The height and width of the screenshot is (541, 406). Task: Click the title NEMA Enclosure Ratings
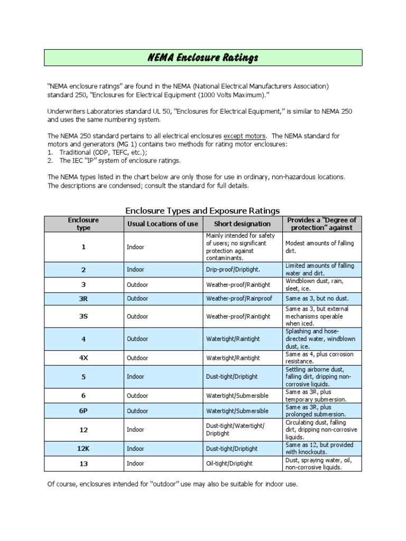coord(202,58)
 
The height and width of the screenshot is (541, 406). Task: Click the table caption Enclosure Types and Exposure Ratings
coord(202,210)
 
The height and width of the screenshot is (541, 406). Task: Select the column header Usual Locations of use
coord(163,224)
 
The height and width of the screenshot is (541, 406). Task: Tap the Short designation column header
coord(242,224)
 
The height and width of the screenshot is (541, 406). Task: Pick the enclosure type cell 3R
coord(84,299)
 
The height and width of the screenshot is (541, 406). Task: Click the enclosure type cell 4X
coord(84,358)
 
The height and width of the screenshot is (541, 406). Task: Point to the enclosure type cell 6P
coord(84,411)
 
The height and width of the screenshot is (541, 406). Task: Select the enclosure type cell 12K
coord(84,449)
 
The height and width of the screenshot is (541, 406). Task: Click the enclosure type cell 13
coord(84,463)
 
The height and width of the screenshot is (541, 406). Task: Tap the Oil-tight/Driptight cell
coord(229,463)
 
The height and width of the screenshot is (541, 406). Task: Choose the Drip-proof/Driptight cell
coord(233,269)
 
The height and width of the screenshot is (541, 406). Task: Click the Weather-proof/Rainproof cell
coord(239,299)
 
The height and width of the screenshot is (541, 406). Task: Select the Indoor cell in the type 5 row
coord(135,377)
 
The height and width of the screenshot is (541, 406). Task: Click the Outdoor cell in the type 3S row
coord(137,316)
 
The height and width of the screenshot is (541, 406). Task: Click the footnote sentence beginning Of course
coord(172,484)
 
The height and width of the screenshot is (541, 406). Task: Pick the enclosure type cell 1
coord(84,247)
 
